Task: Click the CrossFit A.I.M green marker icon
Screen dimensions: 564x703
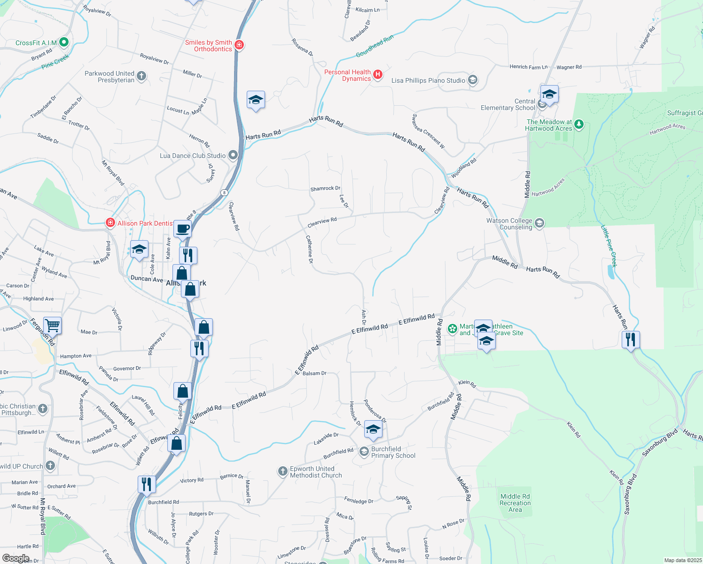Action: point(64,42)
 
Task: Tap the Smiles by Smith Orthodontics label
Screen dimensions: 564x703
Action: point(209,46)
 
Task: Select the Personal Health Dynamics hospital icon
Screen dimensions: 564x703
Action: point(377,75)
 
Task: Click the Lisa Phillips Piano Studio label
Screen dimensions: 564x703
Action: point(428,80)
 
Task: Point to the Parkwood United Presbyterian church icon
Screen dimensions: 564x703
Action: point(141,76)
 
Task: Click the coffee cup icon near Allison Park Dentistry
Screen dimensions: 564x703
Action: point(182,229)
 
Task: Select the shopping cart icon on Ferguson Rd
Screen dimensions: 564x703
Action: point(52,325)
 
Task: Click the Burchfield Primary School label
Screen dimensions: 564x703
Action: point(393,452)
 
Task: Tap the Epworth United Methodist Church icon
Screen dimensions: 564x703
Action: point(282,471)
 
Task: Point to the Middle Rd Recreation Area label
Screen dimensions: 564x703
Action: point(515,503)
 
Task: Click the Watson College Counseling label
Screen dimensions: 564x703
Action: point(509,224)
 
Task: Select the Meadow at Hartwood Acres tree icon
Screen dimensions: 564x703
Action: point(579,125)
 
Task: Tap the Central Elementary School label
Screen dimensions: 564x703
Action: point(508,104)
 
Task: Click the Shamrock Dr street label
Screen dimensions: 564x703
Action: point(325,188)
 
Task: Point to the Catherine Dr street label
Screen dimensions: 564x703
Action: point(309,249)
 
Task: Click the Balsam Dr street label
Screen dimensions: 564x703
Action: point(314,373)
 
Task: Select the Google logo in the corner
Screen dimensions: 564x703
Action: point(16,558)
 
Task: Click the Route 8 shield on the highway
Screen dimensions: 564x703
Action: point(225,192)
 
